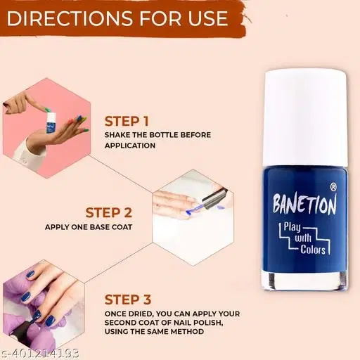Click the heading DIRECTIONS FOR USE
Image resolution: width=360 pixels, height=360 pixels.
117,18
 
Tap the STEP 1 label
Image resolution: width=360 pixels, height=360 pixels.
127,122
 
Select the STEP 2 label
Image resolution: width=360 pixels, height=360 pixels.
109,213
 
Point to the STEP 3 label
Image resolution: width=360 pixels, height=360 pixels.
128,300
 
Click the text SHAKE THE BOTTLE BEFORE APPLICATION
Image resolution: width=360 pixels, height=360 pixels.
157,140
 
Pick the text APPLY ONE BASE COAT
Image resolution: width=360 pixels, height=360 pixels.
89,227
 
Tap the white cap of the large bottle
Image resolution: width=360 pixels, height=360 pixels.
305,118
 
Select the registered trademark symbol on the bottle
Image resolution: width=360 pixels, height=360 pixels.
333,187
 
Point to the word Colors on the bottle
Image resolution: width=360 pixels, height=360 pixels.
313,250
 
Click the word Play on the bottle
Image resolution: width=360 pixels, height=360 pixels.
292,227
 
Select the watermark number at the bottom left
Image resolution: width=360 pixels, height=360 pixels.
39,353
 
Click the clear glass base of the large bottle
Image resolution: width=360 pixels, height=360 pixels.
304,281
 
